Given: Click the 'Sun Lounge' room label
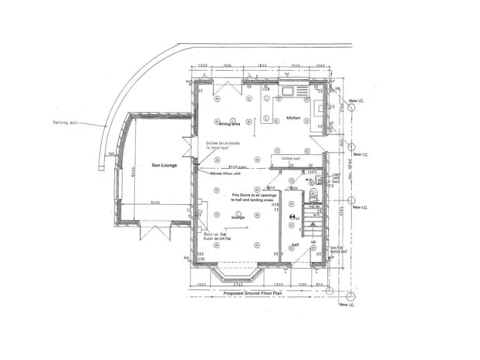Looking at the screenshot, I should tap(164, 166).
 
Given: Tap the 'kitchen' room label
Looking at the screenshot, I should tap(293, 118).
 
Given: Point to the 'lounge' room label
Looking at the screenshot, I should tap(237, 217).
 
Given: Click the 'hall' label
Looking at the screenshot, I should tap(295, 245).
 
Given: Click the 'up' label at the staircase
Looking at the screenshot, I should tap(313, 241).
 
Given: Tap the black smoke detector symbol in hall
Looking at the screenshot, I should tap(291, 216).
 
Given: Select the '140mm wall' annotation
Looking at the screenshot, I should tap(291, 159).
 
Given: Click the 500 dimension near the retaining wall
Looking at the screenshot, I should tap(111, 153).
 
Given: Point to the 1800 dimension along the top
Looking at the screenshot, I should tap(262, 66).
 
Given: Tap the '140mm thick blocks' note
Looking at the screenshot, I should tap(222, 145).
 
